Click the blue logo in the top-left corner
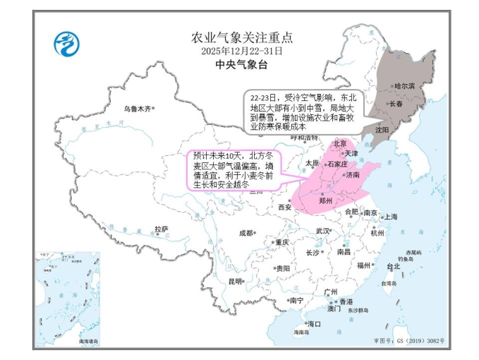[66, 44]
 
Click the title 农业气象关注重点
[241, 37]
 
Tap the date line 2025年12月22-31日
[241, 51]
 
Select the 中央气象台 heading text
[241, 64]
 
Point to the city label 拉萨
[162, 229]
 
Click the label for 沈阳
[382, 130]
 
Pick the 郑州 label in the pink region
[326, 200]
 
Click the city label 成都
[245, 232]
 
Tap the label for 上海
[390, 217]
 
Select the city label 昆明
[234, 281]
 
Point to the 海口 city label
[314, 324]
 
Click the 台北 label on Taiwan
[393, 266]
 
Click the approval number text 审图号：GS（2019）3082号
[410, 340]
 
